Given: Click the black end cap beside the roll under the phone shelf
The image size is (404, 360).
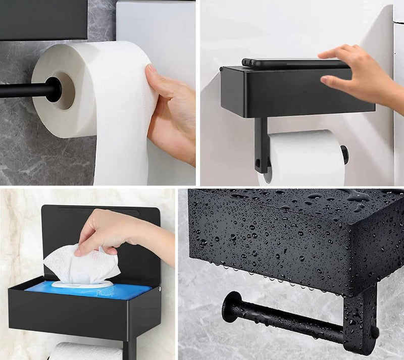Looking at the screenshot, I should tap(344, 155).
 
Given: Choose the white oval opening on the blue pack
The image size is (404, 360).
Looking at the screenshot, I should tap(83, 284).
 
